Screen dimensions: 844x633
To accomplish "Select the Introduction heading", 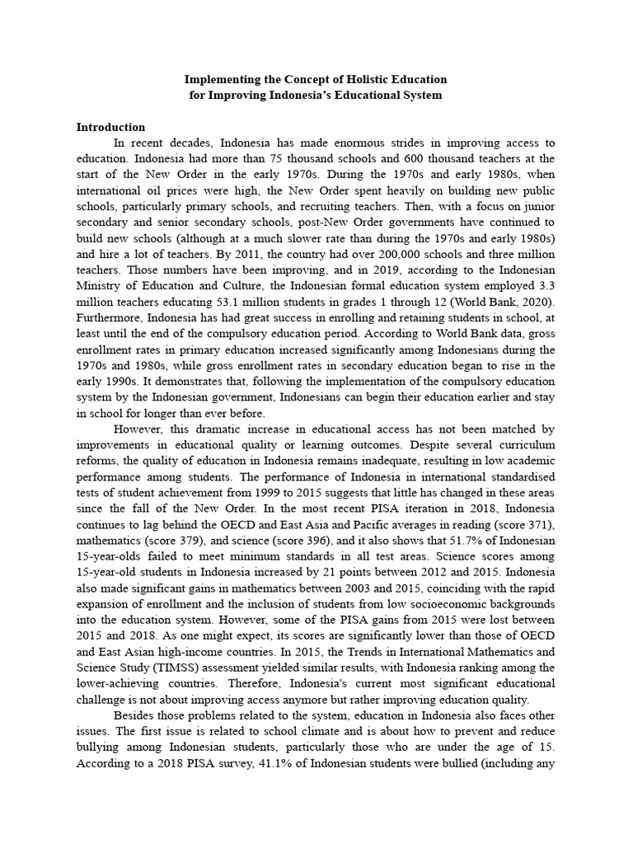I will (110, 127).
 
